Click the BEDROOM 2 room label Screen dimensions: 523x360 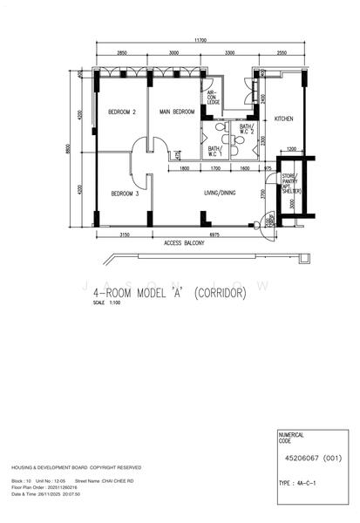121,112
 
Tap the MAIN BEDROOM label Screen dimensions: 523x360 177,112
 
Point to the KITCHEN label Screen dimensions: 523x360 284,119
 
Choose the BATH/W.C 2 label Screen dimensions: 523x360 246,131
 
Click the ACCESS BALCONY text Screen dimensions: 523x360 184,243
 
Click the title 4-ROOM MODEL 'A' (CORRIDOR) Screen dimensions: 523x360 169,293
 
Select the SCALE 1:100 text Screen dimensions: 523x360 109,304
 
